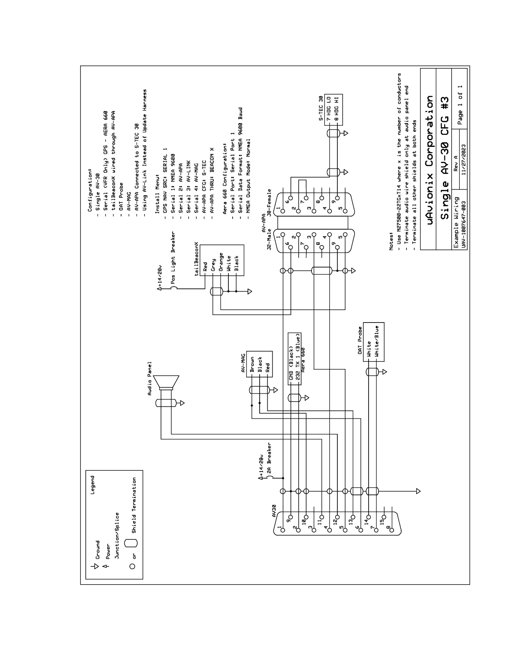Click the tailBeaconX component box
coord(222,264)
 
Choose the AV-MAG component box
coord(259,364)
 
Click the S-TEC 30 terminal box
coord(333,109)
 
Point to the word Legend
coord(92,485)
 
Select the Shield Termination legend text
coord(134,505)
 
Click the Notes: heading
coord(392,241)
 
